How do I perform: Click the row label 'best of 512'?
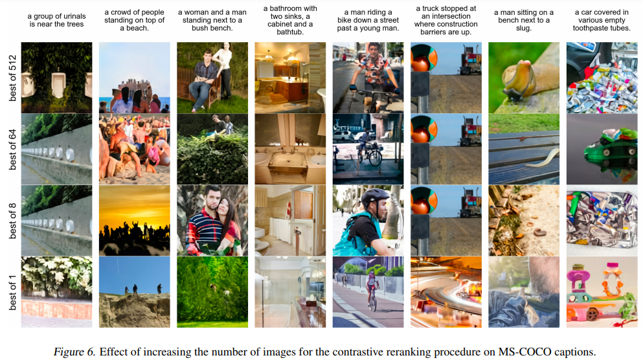(x=13, y=78)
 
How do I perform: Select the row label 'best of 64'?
(x=13, y=150)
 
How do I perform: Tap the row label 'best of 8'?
(x=13, y=221)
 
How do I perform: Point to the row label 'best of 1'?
(x=13, y=293)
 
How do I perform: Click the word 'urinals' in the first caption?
(x=74, y=16)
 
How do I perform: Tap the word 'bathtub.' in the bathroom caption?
(x=290, y=32)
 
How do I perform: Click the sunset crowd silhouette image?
(x=135, y=221)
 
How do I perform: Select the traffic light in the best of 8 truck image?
(x=423, y=201)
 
